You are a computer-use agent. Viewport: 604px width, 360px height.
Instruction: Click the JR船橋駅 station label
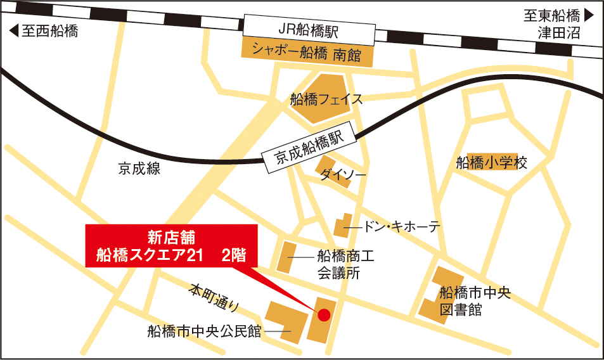coord(309,30)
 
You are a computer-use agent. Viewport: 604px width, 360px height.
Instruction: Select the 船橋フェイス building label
coord(326,100)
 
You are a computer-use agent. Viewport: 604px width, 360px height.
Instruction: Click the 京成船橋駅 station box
coord(309,150)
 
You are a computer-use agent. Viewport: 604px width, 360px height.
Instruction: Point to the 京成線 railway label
coord(139,169)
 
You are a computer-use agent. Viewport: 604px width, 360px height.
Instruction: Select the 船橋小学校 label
coord(492,163)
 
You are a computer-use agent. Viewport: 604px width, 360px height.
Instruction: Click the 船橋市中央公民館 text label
coord(204,331)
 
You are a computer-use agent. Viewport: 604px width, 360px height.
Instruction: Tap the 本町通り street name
coord(214,298)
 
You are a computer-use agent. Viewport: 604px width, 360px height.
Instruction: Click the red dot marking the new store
coord(323,314)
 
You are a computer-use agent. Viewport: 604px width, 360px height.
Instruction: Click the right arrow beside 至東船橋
coord(589,15)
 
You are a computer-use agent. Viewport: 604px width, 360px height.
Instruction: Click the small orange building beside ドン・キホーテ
coord(342,226)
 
